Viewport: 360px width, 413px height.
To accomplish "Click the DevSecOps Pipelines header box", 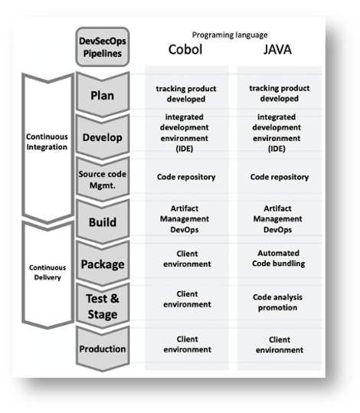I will (102, 48).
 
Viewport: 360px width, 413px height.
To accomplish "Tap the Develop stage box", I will (102, 136).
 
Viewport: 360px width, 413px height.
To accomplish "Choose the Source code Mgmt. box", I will (102, 179).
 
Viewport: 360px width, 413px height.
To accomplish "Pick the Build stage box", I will (102, 222).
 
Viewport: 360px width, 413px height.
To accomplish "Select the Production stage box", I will (102, 349).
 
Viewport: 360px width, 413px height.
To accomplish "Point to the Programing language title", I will (229, 34).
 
